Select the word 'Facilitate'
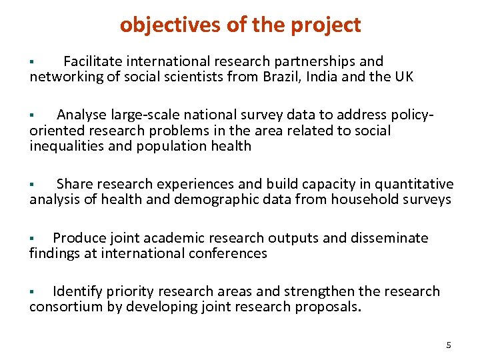(97, 62)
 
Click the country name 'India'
(326, 77)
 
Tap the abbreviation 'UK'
(403, 77)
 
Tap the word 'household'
(369, 199)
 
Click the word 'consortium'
(64, 307)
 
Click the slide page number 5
(448, 345)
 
